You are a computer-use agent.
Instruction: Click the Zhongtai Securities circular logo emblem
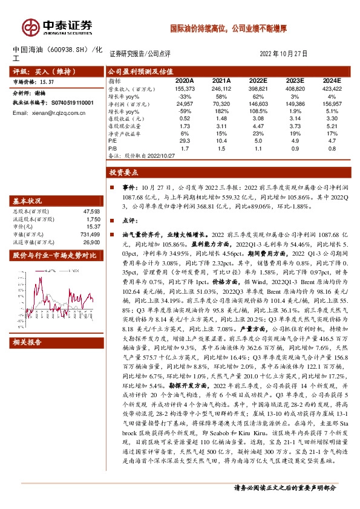click(x=30, y=27)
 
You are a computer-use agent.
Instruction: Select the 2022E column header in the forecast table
click(x=258, y=80)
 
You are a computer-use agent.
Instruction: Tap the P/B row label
click(x=113, y=147)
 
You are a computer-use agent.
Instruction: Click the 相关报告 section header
click(x=27, y=343)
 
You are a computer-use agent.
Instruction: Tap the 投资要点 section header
click(x=124, y=172)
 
